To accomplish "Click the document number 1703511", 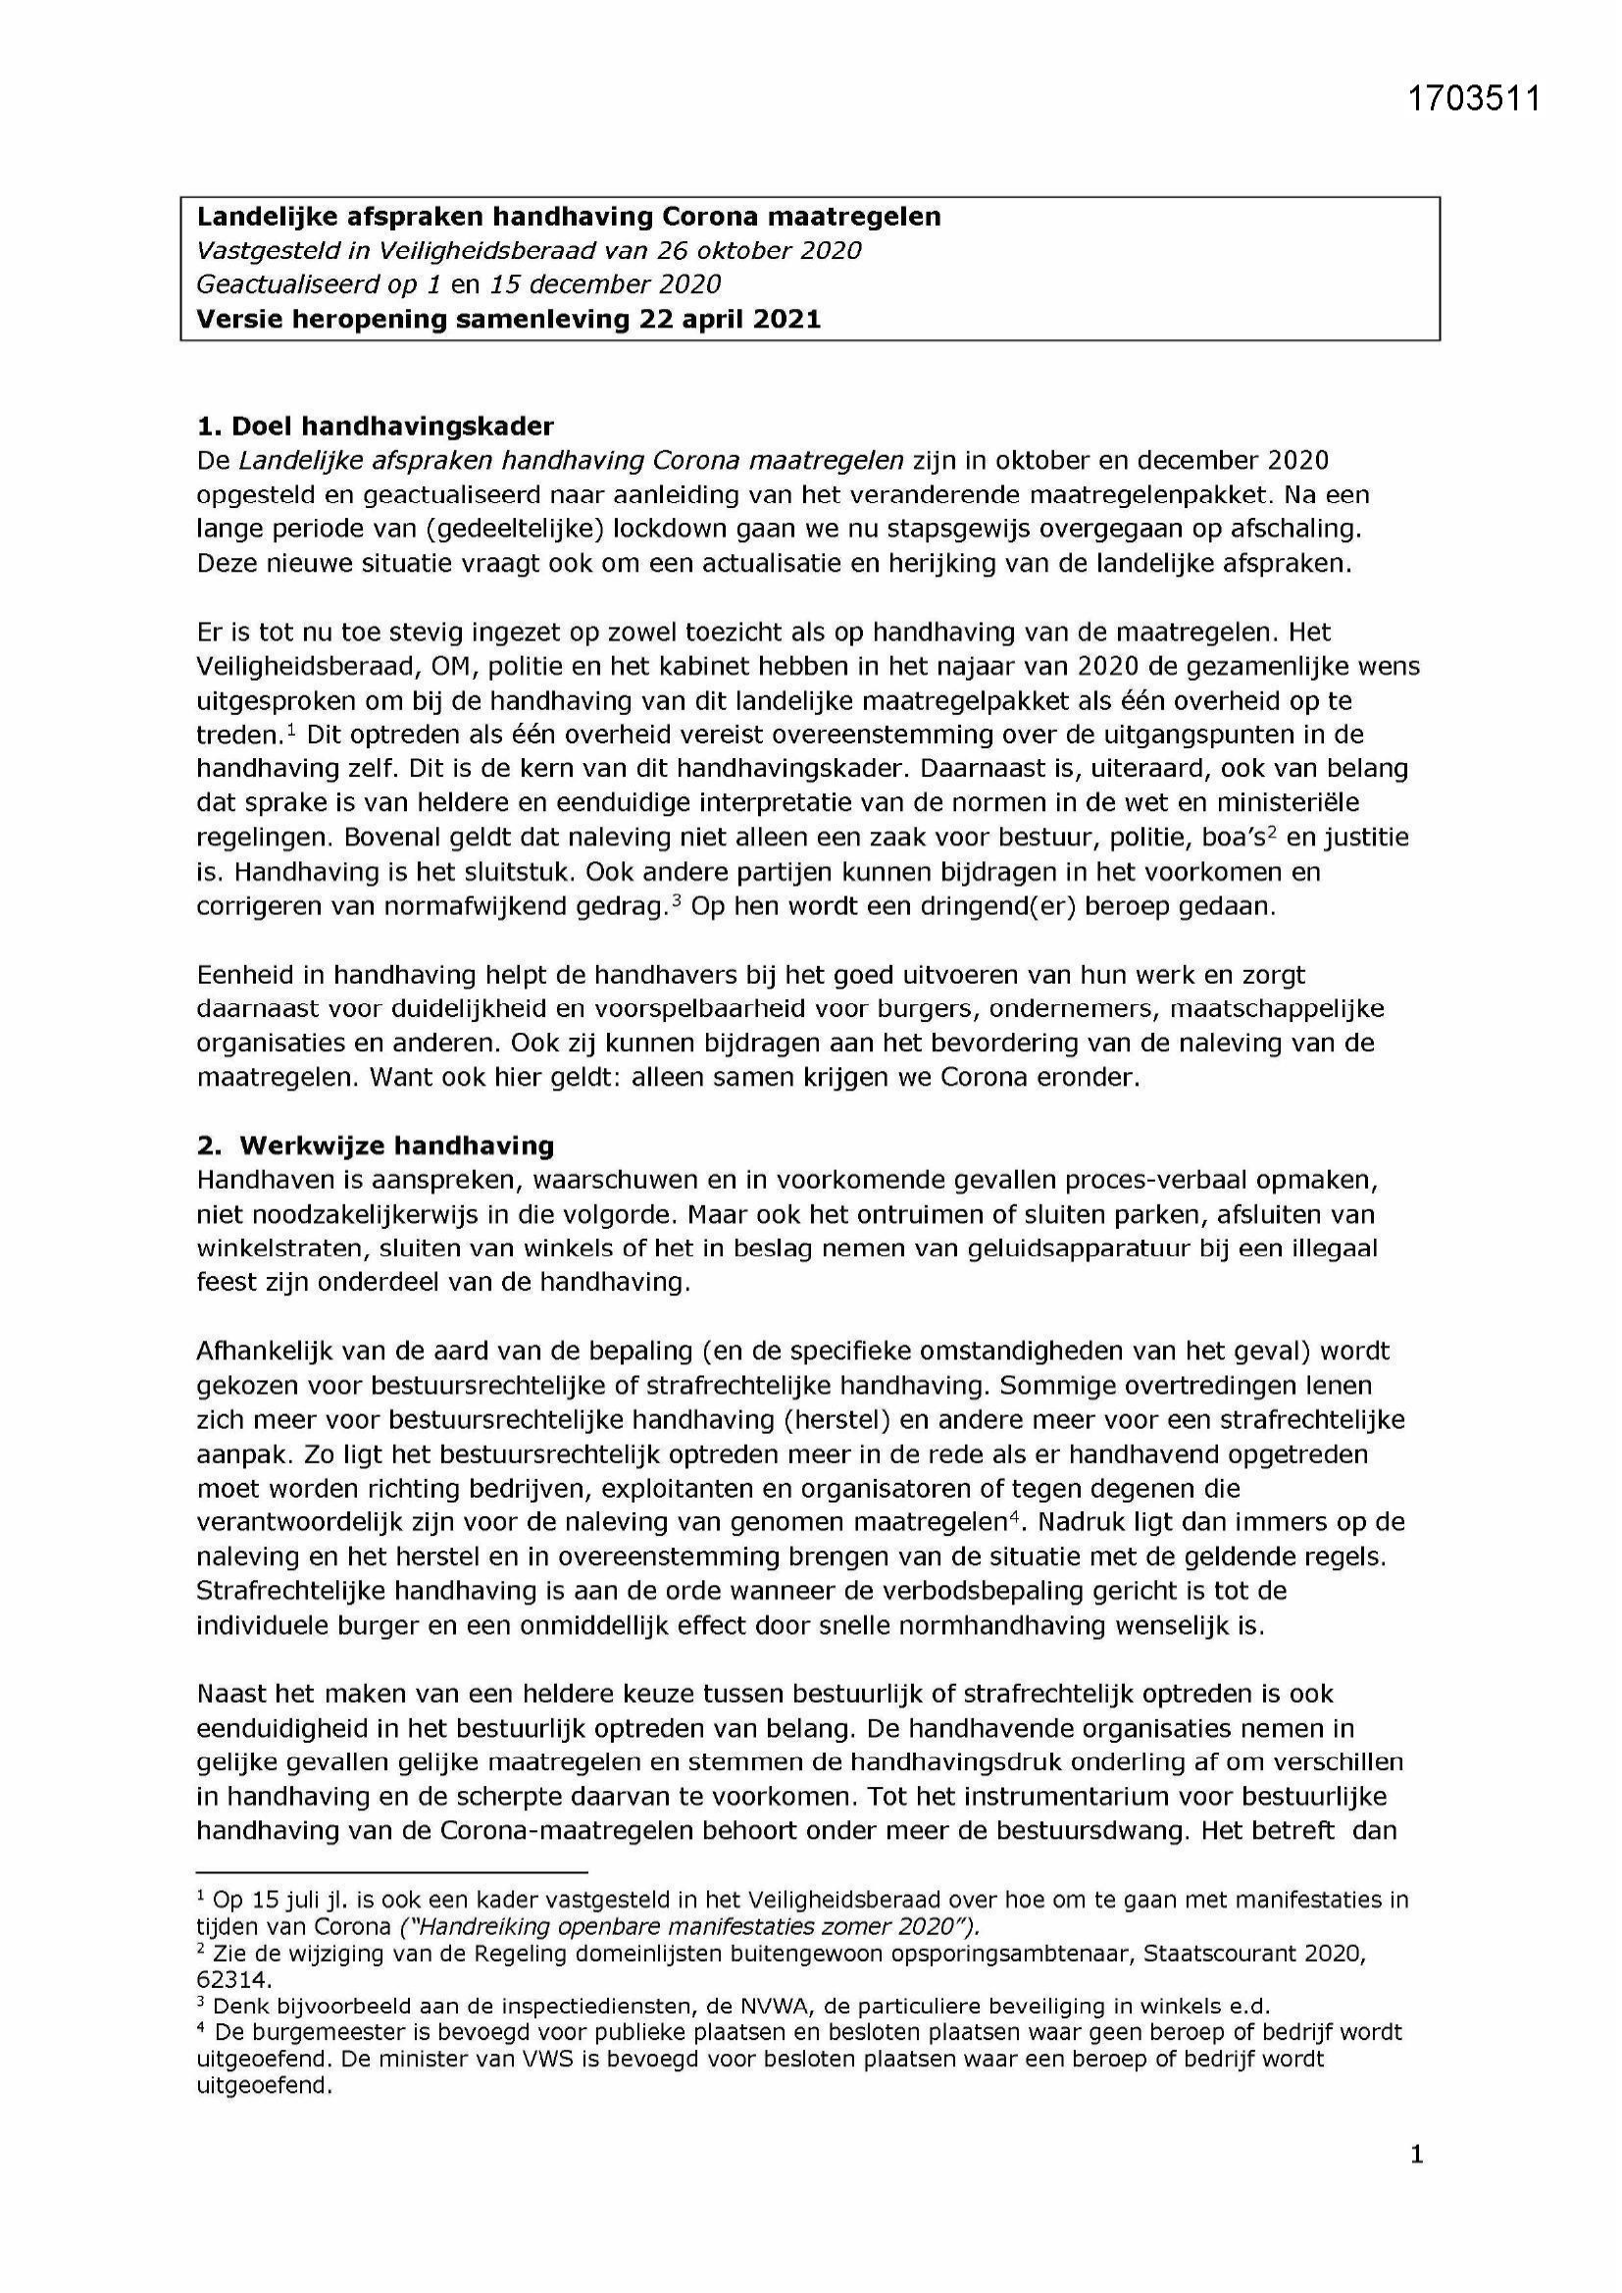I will (1474, 99).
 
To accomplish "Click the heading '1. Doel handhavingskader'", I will (375, 427).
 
